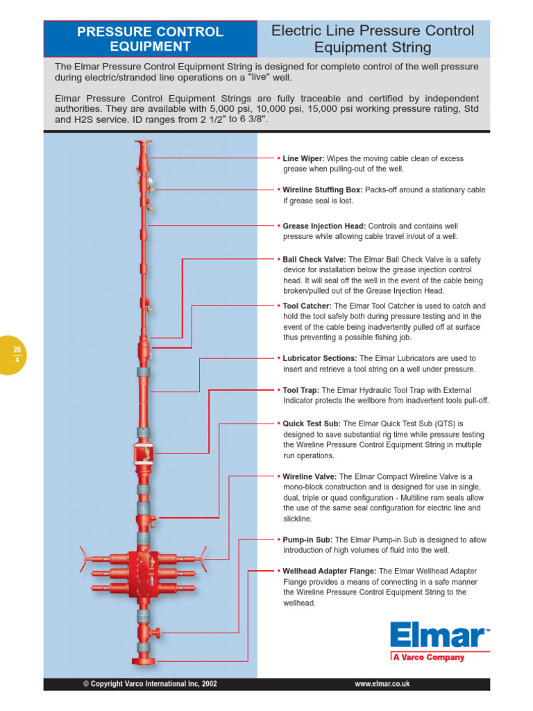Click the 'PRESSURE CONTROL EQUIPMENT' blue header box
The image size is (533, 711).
150,39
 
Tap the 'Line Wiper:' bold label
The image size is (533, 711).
303,159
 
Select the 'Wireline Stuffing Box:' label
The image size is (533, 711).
323,190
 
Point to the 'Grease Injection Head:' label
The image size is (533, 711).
324,226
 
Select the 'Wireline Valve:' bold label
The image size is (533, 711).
310,477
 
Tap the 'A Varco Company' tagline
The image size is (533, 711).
428,658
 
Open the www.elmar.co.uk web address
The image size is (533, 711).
382,684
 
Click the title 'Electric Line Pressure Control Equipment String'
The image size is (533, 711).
373,39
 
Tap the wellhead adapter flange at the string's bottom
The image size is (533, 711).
143,660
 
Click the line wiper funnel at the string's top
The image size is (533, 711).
144,144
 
